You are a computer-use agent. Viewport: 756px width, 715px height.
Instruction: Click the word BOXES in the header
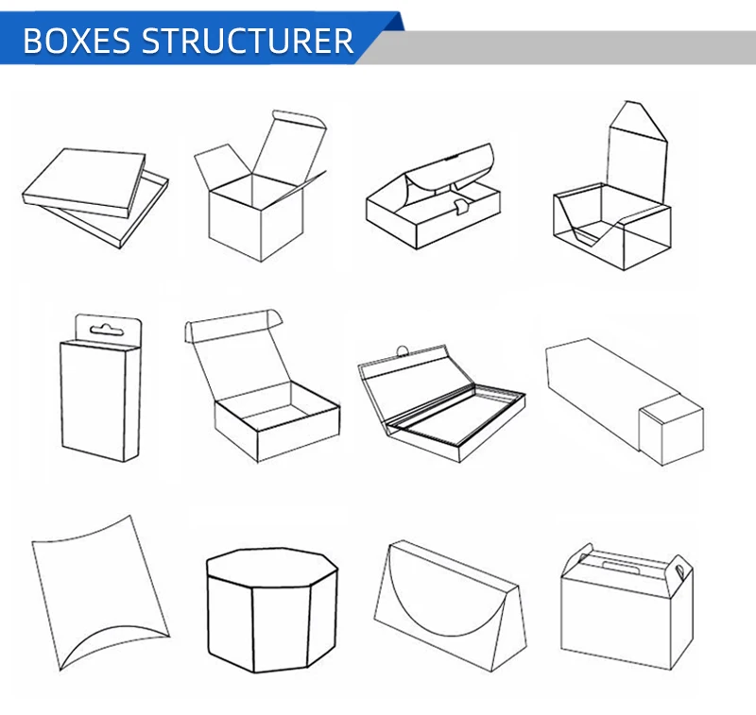(76, 41)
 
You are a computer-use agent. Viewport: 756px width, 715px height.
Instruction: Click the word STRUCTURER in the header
(248, 41)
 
